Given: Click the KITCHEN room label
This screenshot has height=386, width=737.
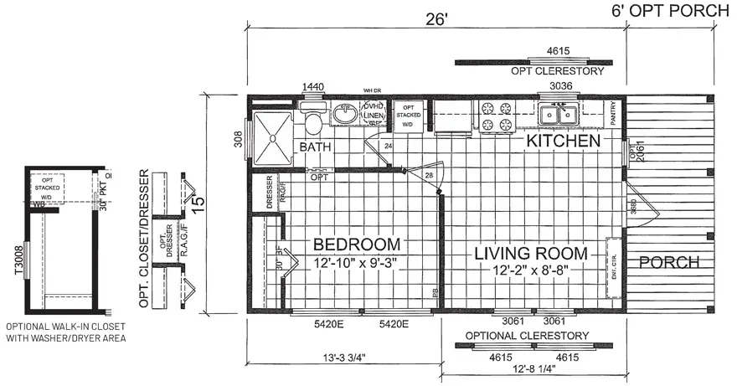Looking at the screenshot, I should coord(563,141).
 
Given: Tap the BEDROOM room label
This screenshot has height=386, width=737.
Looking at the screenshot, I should coord(357,244).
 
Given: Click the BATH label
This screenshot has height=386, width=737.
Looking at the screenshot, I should coord(316,147).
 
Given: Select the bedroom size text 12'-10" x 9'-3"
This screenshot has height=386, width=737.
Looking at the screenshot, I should coord(357,263).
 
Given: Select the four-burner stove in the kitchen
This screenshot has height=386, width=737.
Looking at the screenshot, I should coord(495,116).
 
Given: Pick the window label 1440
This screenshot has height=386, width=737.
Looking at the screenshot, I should coord(312,86).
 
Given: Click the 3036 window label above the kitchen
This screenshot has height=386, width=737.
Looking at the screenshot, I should coord(560,86).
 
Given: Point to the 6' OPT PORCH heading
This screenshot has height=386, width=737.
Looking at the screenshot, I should coord(670,11).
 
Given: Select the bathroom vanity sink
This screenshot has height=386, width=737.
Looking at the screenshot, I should coord(343,113).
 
